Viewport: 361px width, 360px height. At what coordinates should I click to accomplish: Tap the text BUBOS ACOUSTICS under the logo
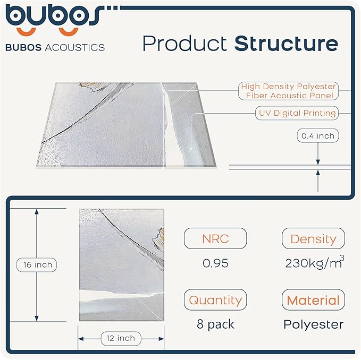click(55, 47)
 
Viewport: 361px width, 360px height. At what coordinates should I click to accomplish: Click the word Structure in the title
click(286, 44)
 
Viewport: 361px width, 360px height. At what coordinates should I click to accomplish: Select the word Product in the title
click(186, 44)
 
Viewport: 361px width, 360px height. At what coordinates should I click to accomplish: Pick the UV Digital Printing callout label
click(297, 113)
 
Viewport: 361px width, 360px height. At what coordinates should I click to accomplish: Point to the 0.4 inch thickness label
click(317, 136)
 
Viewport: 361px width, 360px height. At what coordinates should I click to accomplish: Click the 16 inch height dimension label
click(36, 264)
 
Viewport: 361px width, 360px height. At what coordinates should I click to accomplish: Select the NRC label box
click(215, 239)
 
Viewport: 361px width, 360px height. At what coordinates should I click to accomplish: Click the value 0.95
click(215, 263)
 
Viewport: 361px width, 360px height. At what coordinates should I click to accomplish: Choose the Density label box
click(313, 239)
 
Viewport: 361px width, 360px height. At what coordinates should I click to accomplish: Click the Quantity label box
click(215, 300)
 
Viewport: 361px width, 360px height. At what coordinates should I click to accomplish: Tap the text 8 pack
click(215, 324)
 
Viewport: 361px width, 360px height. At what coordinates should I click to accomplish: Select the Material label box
click(313, 300)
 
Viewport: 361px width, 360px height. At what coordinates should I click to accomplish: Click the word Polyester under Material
click(313, 324)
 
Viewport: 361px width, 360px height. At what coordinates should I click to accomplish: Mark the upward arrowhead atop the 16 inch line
click(36, 211)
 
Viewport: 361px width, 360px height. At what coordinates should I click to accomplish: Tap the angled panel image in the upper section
click(128, 125)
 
